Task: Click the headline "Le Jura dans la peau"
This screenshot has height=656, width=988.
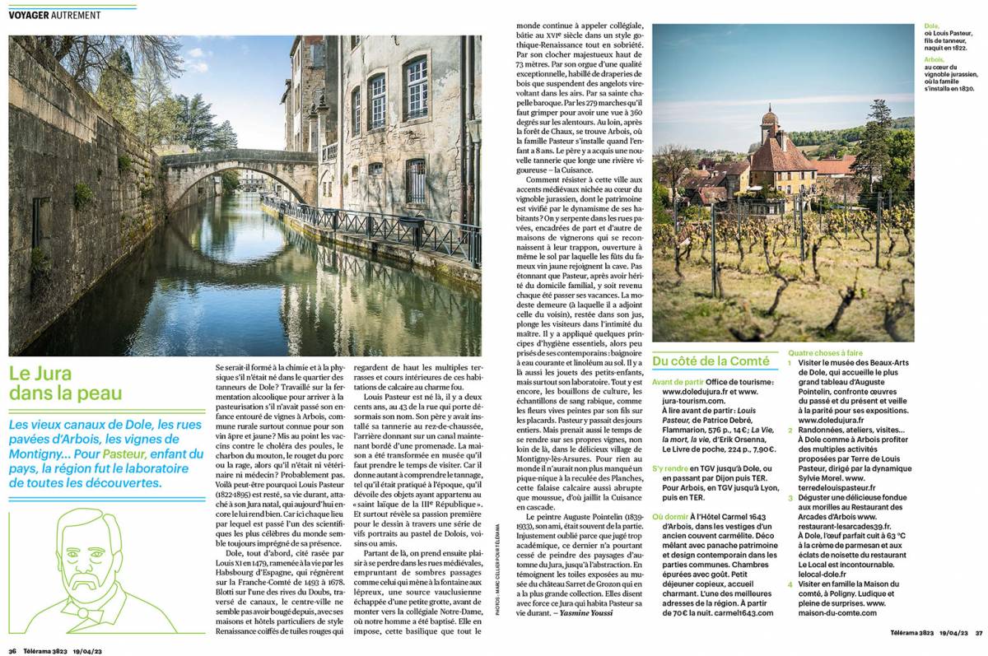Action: coord(66,383)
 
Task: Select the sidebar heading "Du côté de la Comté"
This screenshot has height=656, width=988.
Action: coord(711,361)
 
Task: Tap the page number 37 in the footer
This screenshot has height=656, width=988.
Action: coord(978,632)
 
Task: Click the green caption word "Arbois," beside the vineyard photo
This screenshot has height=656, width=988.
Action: coord(934,60)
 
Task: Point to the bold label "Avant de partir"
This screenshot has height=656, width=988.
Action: coord(678,382)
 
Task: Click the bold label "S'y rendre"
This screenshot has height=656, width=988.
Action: coord(670,468)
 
